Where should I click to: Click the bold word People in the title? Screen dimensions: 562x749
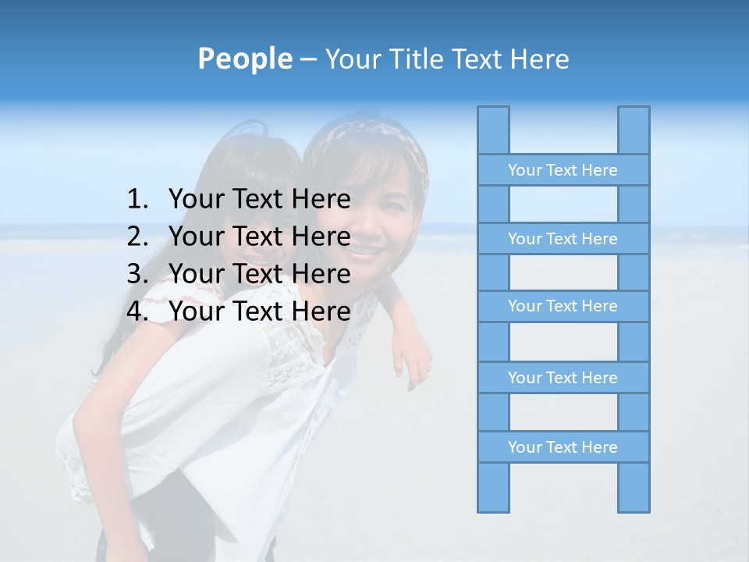[244, 59]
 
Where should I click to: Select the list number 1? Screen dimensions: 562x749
[137, 200]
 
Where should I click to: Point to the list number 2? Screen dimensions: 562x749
[137, 237]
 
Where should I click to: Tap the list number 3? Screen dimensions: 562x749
[137, 274]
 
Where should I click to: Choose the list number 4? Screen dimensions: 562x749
[137, 311]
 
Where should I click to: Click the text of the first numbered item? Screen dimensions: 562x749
[259, 200]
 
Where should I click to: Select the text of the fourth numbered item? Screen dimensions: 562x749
[259, 311]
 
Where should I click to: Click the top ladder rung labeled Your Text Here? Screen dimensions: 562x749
[563, 170]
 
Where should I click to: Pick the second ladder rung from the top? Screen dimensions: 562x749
[563, 239]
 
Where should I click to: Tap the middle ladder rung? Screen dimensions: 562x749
[563, 306]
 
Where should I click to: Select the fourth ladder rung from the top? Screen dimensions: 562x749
[563, 378]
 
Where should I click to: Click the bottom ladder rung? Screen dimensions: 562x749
[563, 447]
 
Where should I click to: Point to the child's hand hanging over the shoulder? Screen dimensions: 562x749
[413, 363]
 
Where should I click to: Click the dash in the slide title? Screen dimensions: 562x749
[308, 59]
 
